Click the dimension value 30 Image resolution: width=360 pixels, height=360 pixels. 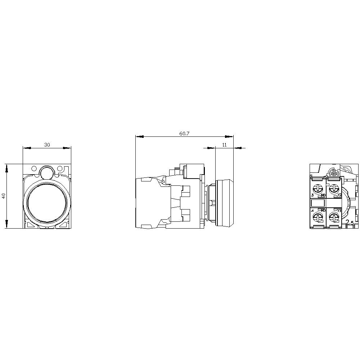47,145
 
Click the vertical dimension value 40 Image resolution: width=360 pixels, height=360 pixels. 4,196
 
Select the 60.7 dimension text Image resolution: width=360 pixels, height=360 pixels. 184,134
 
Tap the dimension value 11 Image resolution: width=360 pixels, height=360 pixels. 224,145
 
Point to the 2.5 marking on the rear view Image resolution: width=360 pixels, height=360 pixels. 350,223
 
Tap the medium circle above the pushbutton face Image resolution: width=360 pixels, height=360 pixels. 46,172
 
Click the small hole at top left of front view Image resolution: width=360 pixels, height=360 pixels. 34,168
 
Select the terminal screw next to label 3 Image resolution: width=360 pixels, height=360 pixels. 318,188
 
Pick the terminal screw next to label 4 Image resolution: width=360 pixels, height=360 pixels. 318,217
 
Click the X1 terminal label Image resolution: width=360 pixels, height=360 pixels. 339,210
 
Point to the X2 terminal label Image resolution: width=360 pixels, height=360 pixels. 339,195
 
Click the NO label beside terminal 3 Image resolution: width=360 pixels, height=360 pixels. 323,195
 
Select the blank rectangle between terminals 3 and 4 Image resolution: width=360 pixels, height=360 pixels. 318,202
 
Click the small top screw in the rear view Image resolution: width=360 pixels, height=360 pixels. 333,174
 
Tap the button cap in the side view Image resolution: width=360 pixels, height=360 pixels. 224,203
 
